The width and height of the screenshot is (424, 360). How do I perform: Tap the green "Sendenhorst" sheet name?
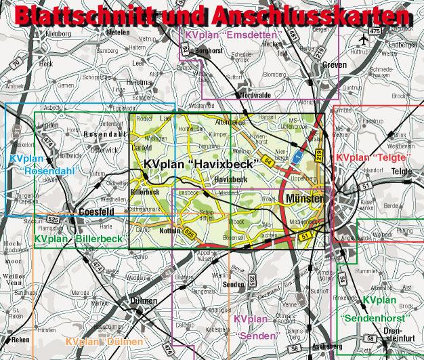click(x=376, y=317)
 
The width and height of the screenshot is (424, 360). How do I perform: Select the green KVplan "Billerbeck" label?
click(x=79, y=239)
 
